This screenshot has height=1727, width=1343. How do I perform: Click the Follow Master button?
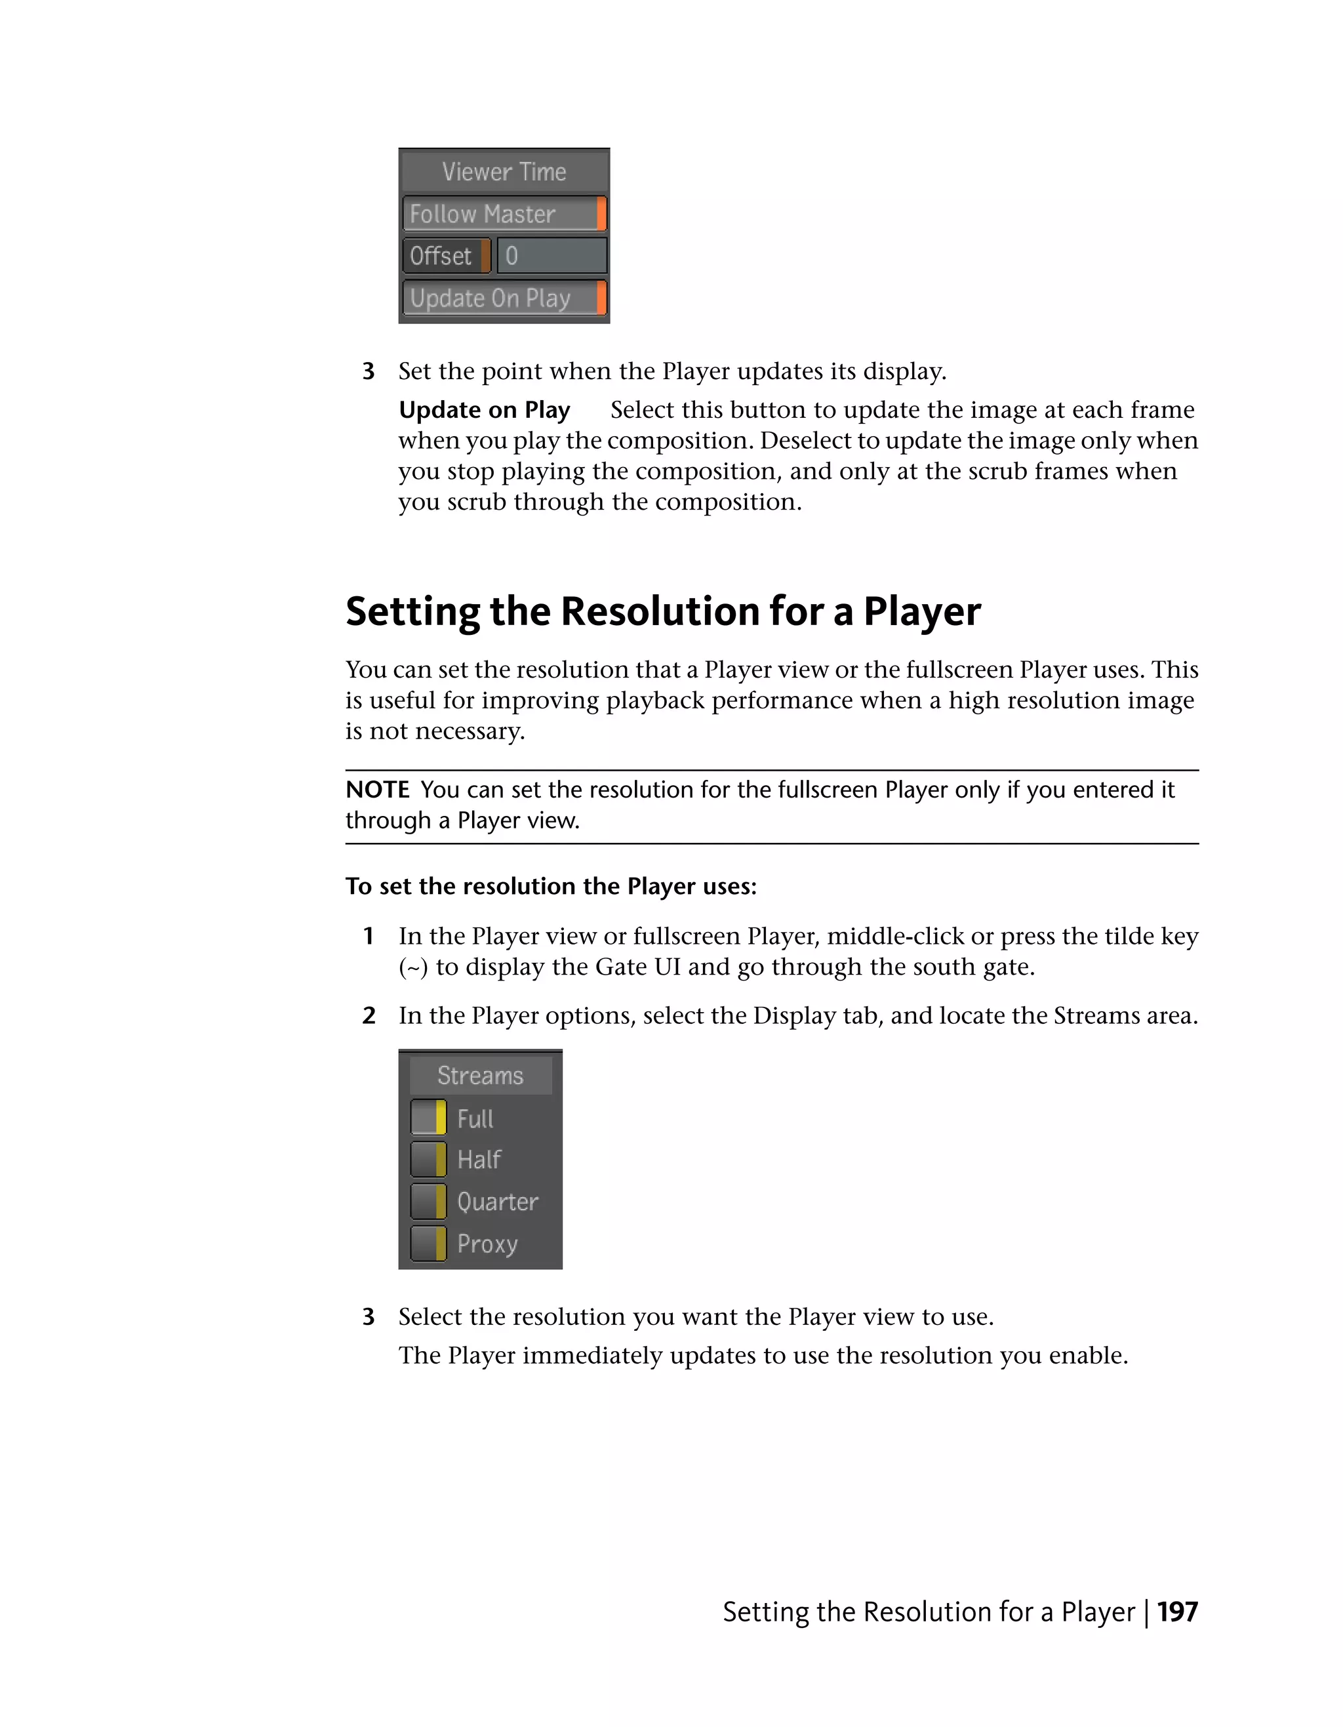point(504,214)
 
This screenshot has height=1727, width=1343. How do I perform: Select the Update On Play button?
point(504,298)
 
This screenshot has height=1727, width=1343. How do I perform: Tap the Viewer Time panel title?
point(504,172)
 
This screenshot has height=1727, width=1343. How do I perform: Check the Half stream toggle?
point(428,1159)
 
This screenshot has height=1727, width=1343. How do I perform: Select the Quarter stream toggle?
point(428,1201)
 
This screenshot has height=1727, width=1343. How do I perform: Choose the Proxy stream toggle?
point(428,1243)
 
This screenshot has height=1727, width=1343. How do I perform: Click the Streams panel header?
point(480,1076)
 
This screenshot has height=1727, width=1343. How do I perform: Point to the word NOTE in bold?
point(377,789)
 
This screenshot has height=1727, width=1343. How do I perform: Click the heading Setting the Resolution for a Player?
point(662,611)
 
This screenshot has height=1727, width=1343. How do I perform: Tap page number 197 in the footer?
point(1177,1612)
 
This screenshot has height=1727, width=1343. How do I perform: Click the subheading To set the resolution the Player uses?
point(550,885)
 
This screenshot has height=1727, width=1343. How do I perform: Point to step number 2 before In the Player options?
point(369,1015)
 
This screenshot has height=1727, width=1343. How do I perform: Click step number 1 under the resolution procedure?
point(369,936)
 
